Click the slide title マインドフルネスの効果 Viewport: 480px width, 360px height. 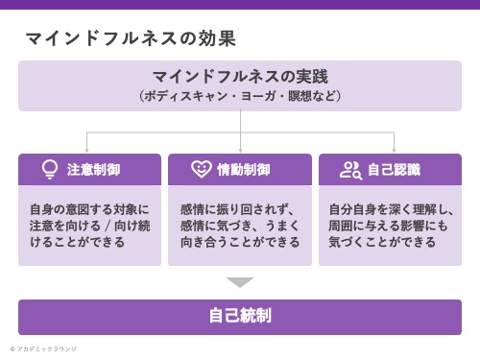point(131,38)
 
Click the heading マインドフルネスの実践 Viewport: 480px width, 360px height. point(239,76)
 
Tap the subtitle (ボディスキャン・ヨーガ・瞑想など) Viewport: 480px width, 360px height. point(239,96)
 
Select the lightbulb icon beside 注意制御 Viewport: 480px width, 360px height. point(50,170)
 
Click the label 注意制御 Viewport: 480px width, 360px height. point(93,170)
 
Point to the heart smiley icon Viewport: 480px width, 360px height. point(201,170)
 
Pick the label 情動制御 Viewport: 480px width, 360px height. point(244,170)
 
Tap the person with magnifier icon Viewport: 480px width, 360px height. point(350,170)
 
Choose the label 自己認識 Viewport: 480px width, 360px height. point(395,170)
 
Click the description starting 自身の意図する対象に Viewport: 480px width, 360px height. point(89,226)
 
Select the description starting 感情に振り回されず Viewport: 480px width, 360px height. point(239,226)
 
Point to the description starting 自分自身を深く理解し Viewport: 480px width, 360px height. point(390,226)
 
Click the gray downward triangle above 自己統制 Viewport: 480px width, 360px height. point(240,282)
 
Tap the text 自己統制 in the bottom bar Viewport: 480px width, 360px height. point(240,316)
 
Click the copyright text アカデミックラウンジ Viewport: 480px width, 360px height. point(46,348)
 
